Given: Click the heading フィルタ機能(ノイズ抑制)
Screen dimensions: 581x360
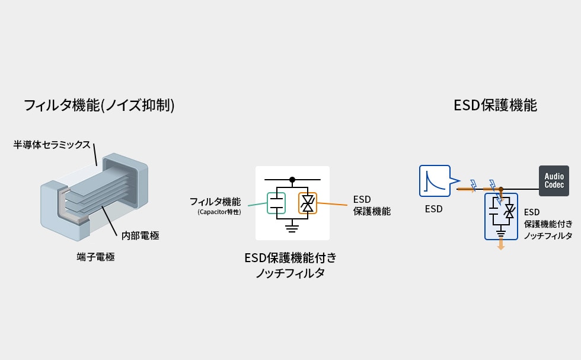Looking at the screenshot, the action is [99, 106].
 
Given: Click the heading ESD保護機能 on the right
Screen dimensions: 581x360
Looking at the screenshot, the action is [495, 106].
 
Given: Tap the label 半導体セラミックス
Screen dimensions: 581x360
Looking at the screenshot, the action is [52, 145].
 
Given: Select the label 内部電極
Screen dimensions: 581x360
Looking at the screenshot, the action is [141, 235].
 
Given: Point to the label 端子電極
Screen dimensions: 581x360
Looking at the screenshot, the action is [95, 257].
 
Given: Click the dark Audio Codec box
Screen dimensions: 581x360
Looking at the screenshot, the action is [554, 180].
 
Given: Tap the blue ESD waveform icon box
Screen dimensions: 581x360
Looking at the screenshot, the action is [435, 180].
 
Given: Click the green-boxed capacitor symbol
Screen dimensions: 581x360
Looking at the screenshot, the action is [276, 203].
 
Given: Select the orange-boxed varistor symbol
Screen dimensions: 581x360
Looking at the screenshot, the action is [308, 203].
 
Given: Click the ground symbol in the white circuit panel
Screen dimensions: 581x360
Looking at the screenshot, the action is [292, 228].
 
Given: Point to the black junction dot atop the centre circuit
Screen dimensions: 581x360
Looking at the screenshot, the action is [292, 180].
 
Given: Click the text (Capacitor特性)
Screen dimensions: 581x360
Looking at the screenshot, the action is [219, 212].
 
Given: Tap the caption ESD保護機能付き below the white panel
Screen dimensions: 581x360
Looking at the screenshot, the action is [290, 257].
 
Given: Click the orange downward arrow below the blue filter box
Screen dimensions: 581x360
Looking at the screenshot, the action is [501, 244].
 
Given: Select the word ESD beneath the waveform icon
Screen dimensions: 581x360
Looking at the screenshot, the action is [434, 209].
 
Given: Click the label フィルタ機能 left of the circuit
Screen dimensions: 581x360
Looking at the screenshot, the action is [215, 202].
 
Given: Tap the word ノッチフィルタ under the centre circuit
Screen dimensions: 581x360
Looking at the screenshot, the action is [290, 273].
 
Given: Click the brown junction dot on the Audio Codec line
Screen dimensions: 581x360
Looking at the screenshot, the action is [501, 189].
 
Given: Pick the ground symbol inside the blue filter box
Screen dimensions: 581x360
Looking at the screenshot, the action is [501, 234].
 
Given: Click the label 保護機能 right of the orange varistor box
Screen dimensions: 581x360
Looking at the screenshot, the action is [372, 211].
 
